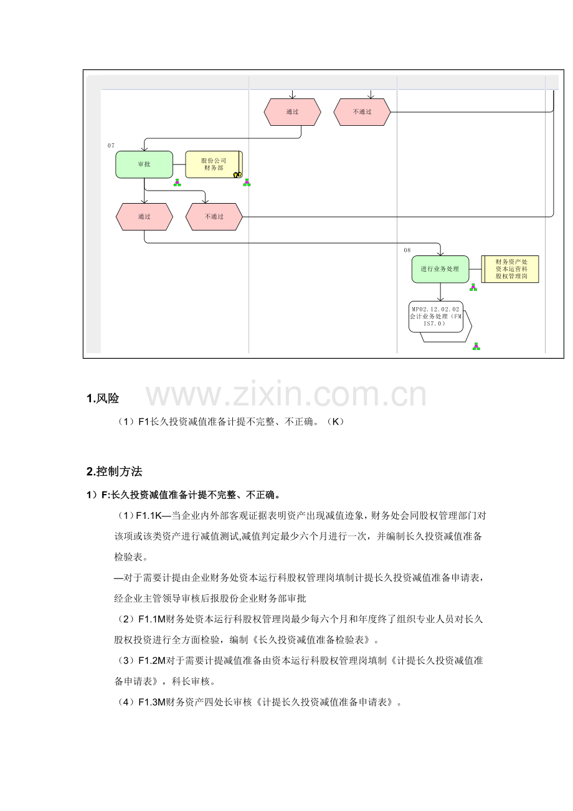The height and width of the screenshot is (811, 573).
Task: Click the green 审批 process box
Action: coord(144,164)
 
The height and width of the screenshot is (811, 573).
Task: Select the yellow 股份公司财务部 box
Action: coord(214,164)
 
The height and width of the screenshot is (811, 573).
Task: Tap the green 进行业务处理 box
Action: coord(440,269)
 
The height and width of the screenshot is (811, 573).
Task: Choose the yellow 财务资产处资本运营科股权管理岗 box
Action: coord(510,269)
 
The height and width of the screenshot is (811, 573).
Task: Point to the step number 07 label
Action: coord(111,146)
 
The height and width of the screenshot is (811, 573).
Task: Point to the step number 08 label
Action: coord(407,250)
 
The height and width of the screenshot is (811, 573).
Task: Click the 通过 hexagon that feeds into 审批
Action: coord(293,112)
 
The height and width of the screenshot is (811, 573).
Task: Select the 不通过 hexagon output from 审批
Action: coord(214,217)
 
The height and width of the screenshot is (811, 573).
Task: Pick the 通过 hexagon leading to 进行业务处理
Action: coord(144,217)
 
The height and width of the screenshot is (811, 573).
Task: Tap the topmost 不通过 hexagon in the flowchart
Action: coord(362,112)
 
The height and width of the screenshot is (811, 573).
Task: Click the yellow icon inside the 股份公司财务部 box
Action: coord(237,174)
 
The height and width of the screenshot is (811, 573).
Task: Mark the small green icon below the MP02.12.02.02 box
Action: coord(476,346)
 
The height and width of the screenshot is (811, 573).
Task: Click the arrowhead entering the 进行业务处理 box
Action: coord(440,254)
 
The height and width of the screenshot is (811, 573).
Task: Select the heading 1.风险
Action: coord(103,399)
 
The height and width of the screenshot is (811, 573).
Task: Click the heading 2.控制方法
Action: coord(115,472)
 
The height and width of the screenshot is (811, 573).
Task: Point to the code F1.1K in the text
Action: coord(148,516)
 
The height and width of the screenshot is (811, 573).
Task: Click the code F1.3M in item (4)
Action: coord(152,703)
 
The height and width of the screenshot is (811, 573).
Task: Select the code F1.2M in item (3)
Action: coord(152,661)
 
